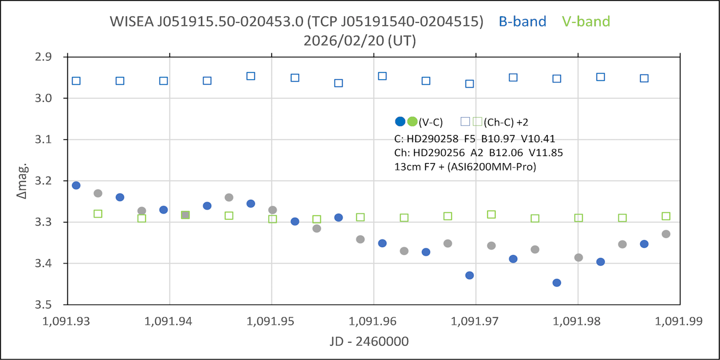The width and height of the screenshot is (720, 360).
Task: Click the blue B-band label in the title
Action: pyautogui.click(x=522, y=22)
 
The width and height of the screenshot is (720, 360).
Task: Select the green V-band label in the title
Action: pyautogui.click(x=586, y=22)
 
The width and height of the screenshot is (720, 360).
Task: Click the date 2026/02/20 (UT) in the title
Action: pyautogui.click(x=360, y=41)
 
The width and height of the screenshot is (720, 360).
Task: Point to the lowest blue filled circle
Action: pyautogui.click(x=557, y=283)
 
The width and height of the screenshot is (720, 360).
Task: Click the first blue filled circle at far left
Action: pyautogui.click(x=76, y=185)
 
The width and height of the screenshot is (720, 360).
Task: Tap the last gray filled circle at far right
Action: pyautogui.click(x=666, y=234)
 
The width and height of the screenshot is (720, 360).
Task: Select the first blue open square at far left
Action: pyautogui.click(x=76, y=81)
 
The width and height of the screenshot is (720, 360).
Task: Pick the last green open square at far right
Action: pyautogui.click(x=666, y=216)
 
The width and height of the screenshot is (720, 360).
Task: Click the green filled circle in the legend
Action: pyautogui.click(x=412, y=121)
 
